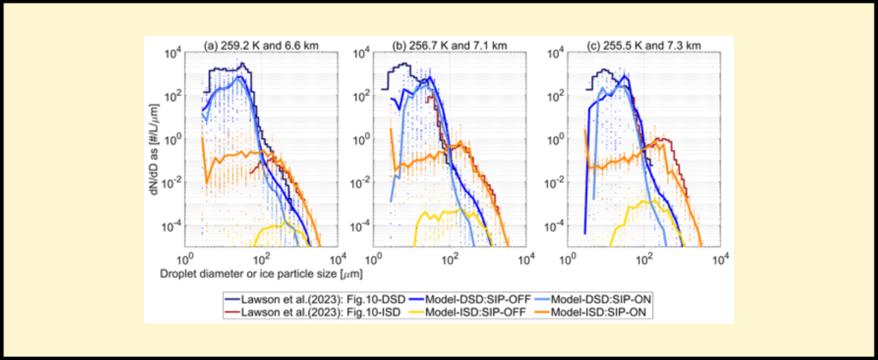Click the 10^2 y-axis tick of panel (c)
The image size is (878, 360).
553,95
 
